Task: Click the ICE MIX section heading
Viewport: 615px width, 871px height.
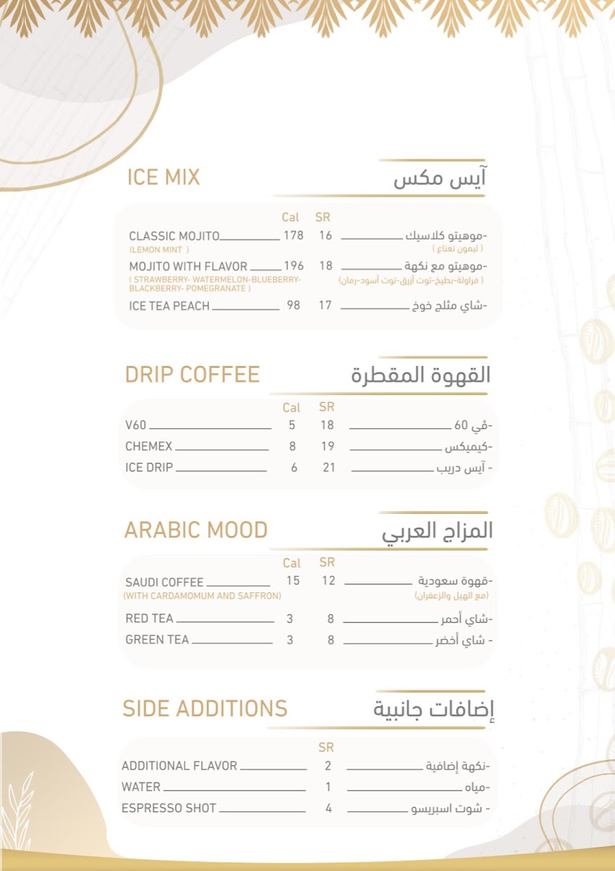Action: (163, 177)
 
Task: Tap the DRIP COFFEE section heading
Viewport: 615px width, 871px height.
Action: (192, 375)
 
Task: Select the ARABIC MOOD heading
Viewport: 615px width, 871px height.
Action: (196, 531)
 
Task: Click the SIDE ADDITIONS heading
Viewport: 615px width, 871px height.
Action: (205, 708)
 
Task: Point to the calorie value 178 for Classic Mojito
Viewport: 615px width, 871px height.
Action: (293, 236)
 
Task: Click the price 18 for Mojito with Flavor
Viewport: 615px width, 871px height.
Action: (325, 266)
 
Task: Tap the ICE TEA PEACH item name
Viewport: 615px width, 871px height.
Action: (169, 306)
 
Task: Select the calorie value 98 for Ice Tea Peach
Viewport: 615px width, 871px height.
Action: (293, 306)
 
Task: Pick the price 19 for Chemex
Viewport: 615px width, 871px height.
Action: (328, 446)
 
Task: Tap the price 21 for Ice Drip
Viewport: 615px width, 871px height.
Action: (329, 467)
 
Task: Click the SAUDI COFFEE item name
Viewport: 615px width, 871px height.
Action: (164, 583)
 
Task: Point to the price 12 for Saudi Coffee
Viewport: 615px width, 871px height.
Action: (329, 581)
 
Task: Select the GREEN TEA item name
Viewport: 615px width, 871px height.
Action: (157, 640)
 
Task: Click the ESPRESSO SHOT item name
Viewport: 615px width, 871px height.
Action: (168, 808)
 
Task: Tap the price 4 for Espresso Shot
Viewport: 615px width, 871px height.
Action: (329, 808)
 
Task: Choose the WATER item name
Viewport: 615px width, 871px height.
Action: (141, 787)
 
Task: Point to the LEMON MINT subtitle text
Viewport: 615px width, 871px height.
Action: (156, 250)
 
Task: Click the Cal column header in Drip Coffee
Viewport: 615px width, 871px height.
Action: (291, 408)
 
